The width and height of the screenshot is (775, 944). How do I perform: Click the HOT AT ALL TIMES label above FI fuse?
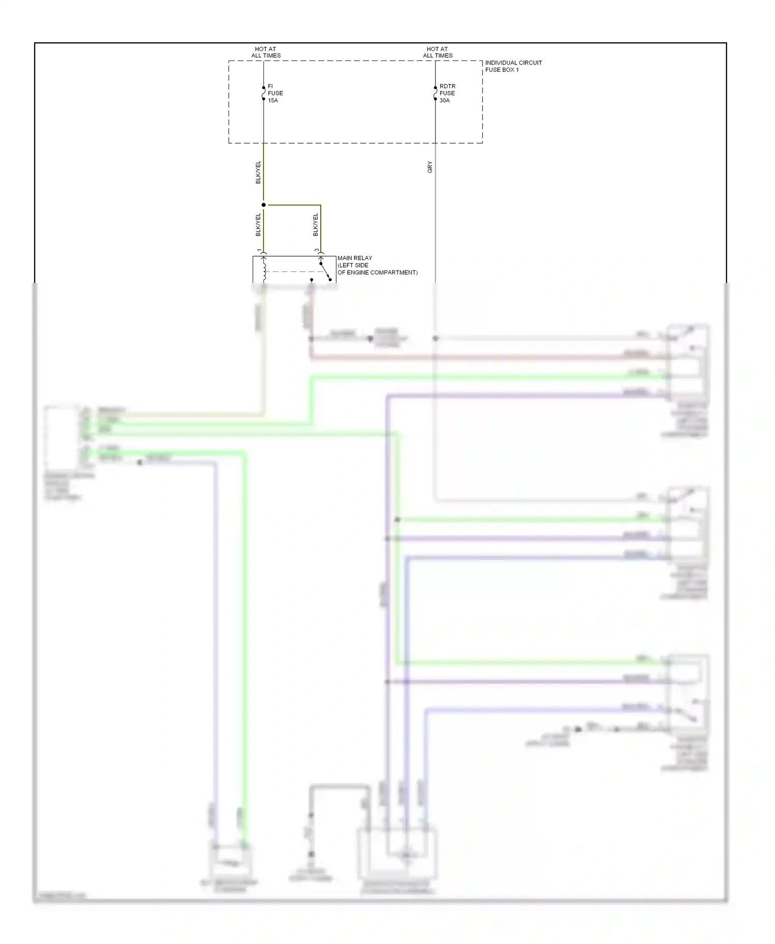tap(266, 52)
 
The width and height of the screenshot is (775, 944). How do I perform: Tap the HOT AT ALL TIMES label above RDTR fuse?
tap(437, 52)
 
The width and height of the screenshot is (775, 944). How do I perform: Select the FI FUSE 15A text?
tap(275, 93)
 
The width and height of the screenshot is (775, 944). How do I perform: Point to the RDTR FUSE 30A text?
tap(447, 93)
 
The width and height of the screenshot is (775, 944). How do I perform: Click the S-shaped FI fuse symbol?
tap(263, 93)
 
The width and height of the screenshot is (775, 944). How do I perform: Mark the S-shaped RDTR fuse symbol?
tap(435, 93)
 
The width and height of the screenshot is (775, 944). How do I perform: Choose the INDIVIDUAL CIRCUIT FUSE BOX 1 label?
tap(513, 66)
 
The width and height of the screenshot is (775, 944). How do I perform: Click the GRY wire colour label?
tap(430, 167)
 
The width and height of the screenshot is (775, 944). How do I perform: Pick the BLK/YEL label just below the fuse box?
tap(258, 172)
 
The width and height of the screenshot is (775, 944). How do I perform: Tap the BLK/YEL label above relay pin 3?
tap(316, 225)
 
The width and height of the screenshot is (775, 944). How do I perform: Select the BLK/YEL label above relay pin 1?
tap(258, 225)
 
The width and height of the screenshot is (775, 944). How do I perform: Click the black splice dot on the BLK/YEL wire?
tap(263, 205)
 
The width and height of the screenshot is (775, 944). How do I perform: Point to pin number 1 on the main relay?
tap(259, 251)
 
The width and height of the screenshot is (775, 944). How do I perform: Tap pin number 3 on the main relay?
tap(317, 251)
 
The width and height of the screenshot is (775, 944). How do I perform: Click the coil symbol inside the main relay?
tap(265, 271)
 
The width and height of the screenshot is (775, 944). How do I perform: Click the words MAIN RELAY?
tap(354, 258)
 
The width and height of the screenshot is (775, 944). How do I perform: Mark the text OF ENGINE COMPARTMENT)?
tap(377, 273)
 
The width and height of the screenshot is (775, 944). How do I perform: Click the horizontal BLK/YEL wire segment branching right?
tap(292, 205)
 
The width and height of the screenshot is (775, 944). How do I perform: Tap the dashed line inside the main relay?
tap(292, 272)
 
